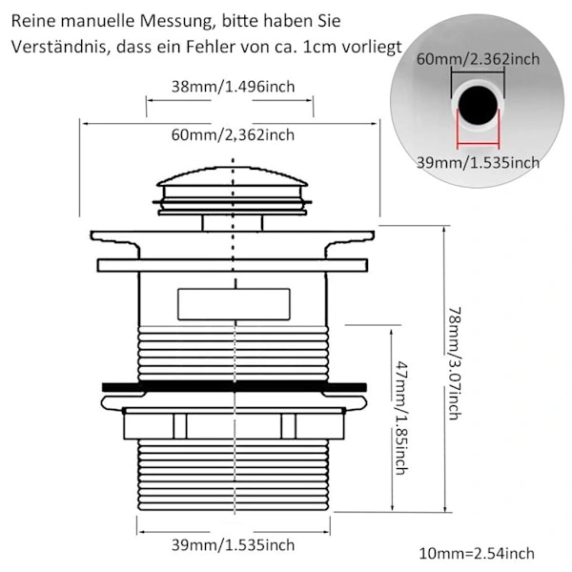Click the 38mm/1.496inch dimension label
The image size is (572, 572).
tap(234, 87)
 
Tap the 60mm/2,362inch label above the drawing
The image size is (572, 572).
tap(234, 135)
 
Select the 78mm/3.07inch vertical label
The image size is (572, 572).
tap(455, 363)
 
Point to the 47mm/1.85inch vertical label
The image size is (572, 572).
tap(401, 419)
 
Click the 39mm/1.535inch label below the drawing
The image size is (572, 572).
tap(234, 545)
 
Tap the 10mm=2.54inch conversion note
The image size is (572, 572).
tap(477, 553)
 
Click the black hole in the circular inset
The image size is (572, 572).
tap(478, 105)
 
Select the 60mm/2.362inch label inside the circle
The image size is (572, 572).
tap(478, 59)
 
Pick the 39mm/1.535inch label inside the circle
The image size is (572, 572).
tap(478, 162)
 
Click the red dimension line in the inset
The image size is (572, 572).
tap(478, 145)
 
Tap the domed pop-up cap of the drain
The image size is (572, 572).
tap(233, 177)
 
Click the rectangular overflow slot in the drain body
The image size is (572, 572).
tap(234, 304)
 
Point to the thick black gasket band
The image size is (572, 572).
tap(235, 387)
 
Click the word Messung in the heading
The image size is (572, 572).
tap(175, 21)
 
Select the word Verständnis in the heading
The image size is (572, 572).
tap(59, 47)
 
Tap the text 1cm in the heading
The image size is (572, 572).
tap(317, 47)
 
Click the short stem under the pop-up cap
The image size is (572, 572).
tap(233, 223)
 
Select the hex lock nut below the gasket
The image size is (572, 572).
tap(234, 423)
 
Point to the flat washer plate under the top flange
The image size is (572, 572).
tap(233, 265)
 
